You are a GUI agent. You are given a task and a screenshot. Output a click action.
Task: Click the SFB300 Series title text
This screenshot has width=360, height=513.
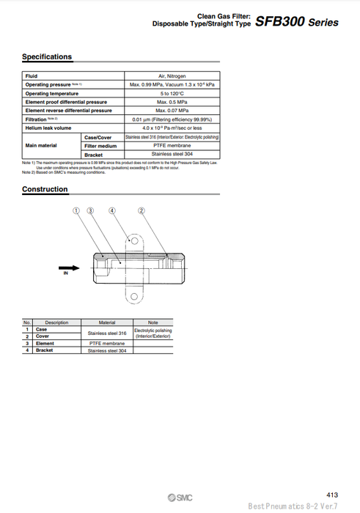coord(297,22)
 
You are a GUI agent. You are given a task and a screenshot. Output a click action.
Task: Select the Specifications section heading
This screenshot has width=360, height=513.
coord(47,56)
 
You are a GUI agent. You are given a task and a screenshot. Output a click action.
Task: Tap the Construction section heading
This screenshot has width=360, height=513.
coord(45,189)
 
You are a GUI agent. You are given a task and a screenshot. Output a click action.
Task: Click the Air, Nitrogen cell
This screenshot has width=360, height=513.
coord(172,76)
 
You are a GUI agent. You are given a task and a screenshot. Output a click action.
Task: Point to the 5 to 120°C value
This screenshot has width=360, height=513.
coord(172,94)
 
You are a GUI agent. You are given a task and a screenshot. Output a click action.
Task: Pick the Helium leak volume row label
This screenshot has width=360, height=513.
coord(48,128)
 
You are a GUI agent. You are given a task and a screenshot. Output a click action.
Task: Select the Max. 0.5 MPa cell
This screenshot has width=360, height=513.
coord(172,102)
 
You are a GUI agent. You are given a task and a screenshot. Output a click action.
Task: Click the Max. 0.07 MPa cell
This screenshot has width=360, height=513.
coord(172,111)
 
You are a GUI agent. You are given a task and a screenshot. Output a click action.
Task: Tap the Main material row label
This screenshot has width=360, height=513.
coord(41,146)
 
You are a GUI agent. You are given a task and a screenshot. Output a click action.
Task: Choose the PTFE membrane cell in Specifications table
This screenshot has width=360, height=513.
coord(172,146)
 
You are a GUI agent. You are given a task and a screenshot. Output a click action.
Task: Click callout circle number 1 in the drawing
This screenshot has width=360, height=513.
coord(76,210)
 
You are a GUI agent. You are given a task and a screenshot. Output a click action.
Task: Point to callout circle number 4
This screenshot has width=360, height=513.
coord(112,210)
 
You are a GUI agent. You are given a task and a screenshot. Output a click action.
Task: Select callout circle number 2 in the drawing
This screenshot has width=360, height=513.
coord(142,210)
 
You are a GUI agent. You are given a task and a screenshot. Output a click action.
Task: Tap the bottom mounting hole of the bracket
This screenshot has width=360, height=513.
coord(133,297)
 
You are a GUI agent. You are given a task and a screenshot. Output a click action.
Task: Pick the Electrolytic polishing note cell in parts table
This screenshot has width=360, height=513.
coord(153,333)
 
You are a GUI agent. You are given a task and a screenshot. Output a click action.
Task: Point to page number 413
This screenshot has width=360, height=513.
coord(331,495)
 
